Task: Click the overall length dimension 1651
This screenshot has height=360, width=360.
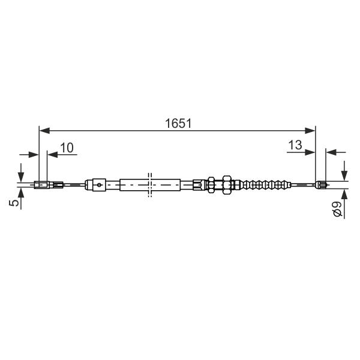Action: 178,124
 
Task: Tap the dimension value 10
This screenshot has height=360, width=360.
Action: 67,148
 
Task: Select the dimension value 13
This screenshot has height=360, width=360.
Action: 295,145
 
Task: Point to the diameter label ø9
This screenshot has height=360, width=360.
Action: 337,208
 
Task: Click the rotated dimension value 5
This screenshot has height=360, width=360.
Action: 14,203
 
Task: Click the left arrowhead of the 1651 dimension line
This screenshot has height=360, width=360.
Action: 44,131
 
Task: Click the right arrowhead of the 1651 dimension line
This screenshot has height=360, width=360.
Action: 310,131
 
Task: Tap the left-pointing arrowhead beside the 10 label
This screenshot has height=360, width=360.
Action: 52,155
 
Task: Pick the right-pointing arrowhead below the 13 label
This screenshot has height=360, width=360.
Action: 310,152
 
